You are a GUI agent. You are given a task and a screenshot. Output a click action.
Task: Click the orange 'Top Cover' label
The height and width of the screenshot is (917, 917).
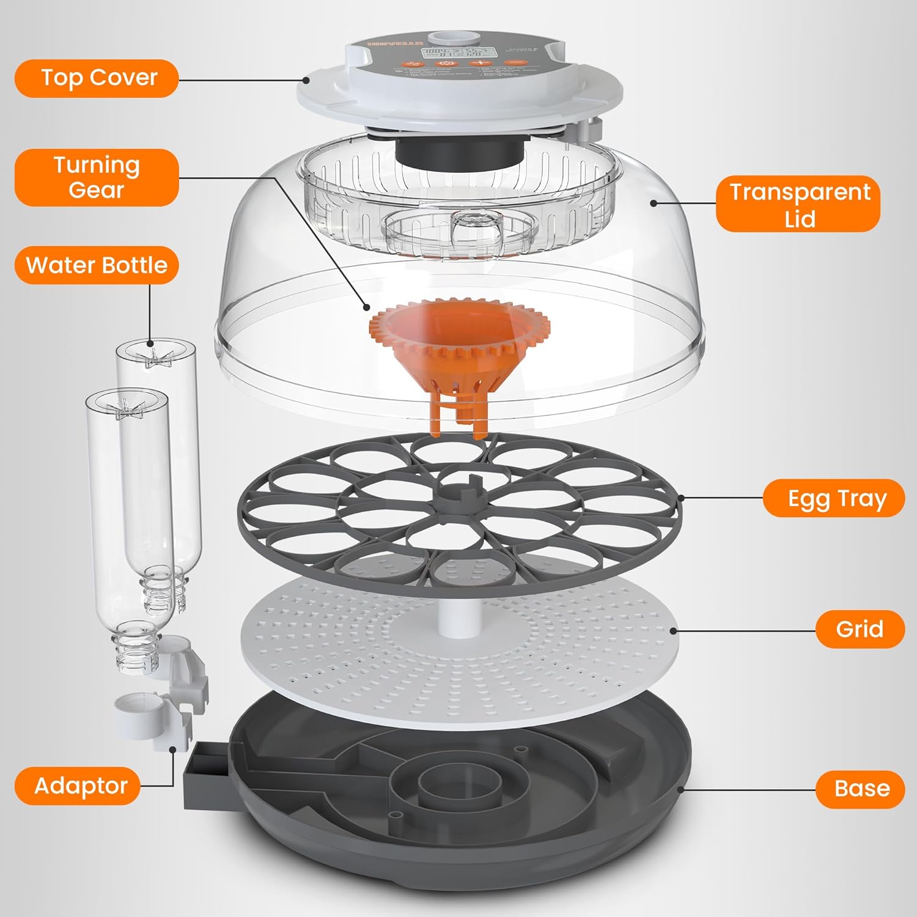[x=97, y=78]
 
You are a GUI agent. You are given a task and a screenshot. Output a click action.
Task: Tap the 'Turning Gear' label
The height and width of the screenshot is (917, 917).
[x=97, y=177]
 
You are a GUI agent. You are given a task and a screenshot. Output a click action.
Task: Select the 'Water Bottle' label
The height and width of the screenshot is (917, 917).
[x=97, y=265]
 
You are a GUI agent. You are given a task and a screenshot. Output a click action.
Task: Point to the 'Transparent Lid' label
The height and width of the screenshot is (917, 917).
[x=798, y=204]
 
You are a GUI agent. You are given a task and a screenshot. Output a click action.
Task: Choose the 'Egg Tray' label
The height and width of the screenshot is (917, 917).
[x=835, y=499]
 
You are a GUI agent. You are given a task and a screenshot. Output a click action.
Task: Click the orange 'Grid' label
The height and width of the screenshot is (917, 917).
[x=860, y=629]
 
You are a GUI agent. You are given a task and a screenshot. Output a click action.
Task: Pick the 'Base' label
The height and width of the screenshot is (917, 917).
[x=861, y=789]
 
